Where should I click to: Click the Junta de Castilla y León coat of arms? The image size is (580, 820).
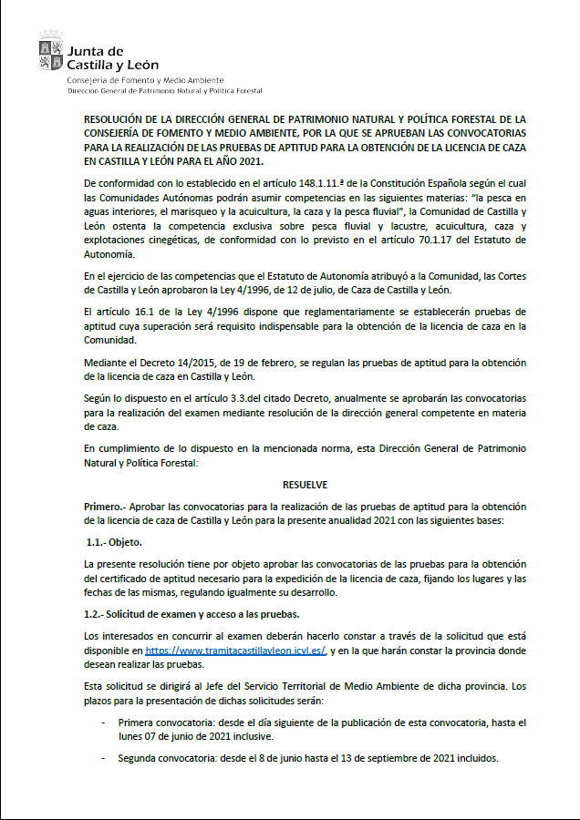tap(51, 52)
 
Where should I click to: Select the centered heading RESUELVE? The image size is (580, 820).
tap(305, 485)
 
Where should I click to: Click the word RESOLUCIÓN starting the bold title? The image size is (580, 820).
tap(116, 119)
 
